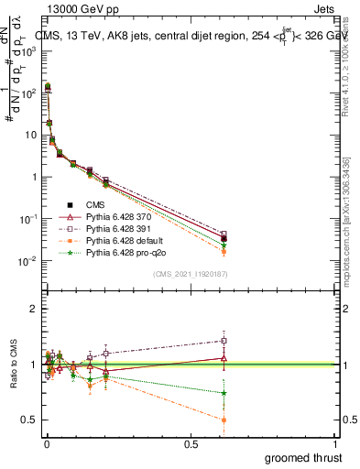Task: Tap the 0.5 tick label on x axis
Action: coord(191,443)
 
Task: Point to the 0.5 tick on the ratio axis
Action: coord(30,420)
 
